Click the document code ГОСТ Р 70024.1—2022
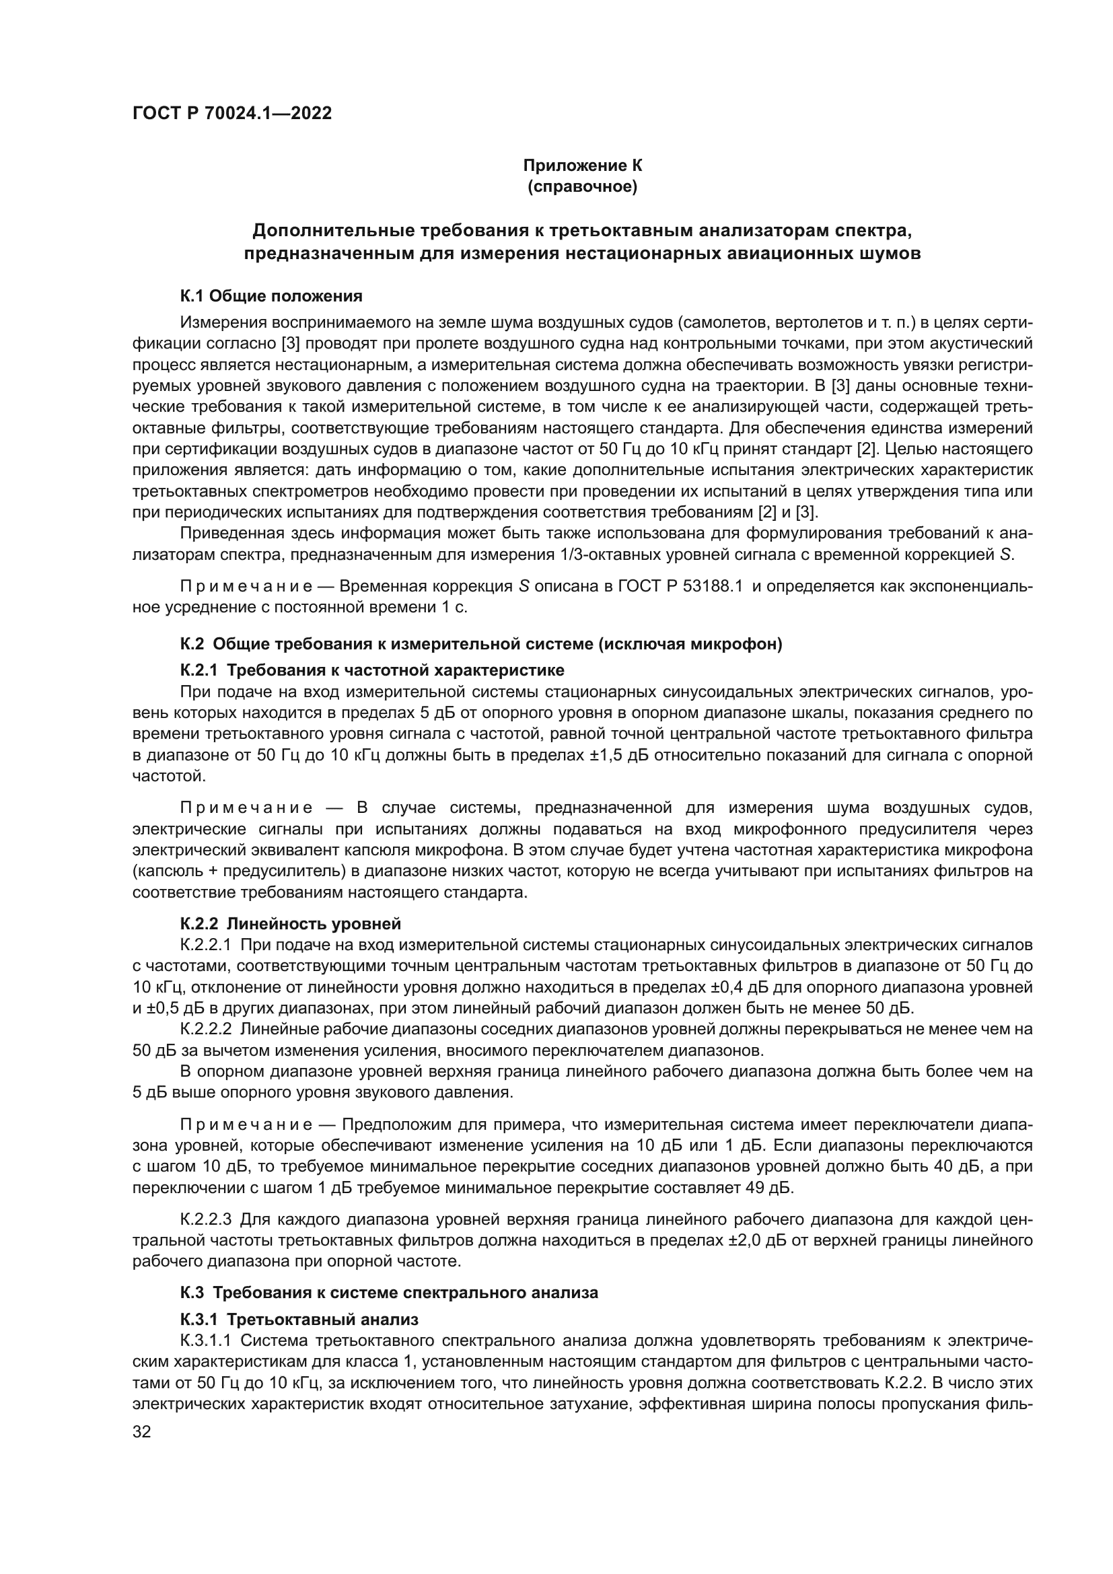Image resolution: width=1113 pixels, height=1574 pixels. [x=231, y=113]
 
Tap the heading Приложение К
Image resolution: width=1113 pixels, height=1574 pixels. [x=583, y=166]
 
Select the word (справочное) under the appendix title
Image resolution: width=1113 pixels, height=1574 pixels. [x=583, y=186]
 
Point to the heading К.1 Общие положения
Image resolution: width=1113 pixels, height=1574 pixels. [x=271, y=296]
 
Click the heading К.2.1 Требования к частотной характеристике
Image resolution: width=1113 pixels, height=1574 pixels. [x=372, y=669]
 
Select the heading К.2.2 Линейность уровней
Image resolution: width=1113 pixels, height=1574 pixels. [x=291, y=923]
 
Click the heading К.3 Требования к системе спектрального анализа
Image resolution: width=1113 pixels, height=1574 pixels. [x=388, y=1292]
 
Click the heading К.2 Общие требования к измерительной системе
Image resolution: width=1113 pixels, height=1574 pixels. [x=480, y=645]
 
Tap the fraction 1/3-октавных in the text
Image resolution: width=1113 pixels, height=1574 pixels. [x=604, y=554]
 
